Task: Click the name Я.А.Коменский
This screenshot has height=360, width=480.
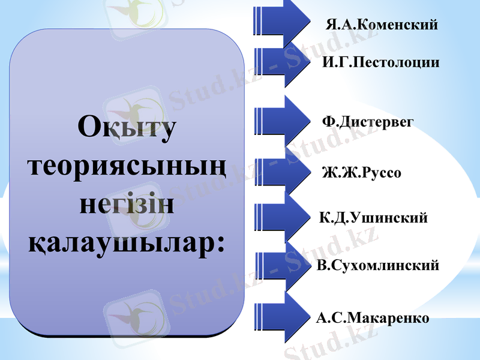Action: tap(382, 25)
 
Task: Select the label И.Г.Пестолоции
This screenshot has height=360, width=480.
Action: tap(380, 62)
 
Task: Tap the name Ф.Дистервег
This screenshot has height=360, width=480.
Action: tap(368, 122)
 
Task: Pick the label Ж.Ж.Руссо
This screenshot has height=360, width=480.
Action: tap(361, 173)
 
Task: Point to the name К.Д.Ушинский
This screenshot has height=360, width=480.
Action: tap(374, 218)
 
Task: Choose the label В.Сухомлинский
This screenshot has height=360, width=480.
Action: tap(378, 265)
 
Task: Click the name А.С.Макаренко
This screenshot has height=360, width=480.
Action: tap(373, 318)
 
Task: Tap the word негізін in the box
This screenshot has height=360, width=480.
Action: tap(127, 204)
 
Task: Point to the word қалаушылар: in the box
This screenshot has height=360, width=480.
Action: tap(127, 242)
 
